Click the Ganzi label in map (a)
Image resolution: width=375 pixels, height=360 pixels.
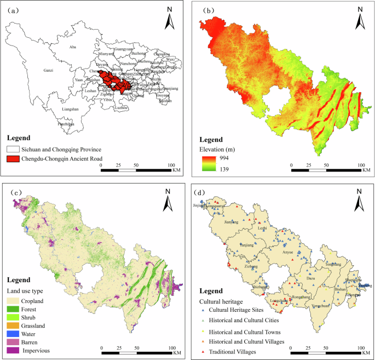[49, 71]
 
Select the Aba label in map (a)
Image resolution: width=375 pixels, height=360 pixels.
[73, 47]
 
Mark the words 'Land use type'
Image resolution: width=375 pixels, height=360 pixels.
[26, 290]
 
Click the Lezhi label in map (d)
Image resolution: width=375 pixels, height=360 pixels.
[263, 227]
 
